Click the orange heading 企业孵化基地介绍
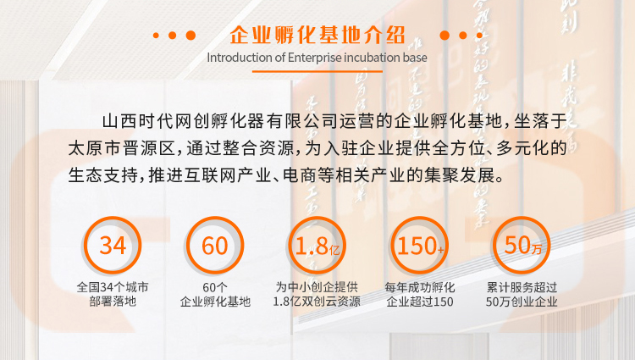317,36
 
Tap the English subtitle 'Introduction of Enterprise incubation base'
317,58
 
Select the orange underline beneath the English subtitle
317,71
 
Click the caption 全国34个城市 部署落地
113,295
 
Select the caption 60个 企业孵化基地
215,295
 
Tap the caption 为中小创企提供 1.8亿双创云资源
317,295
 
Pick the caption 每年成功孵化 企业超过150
420,295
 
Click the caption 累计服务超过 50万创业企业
522,295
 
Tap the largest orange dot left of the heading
190,36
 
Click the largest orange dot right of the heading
444,36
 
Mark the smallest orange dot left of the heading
156,36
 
